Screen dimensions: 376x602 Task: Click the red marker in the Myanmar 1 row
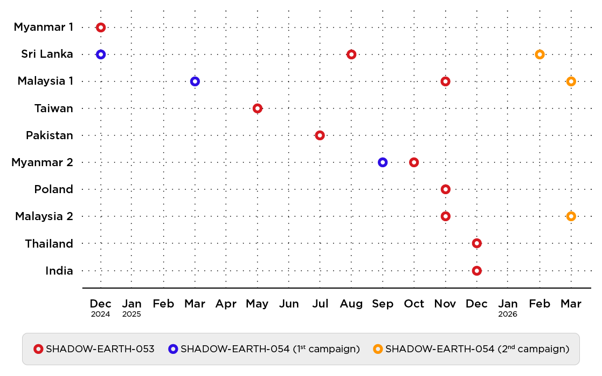tap(100, 27)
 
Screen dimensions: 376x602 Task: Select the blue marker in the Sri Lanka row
tap(100, 54)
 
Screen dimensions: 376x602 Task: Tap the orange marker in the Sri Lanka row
tap(539, 54)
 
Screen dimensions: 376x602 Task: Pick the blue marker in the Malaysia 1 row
tap(195, 81)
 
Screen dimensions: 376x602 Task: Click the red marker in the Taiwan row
tap(257, 108)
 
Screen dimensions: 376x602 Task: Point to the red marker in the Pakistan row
tap(320, 135)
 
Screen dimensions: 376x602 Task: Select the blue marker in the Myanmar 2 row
tap(383, 162)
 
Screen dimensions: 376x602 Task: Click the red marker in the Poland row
tap(445, 189)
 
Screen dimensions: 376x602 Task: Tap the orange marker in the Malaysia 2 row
tap(571, 216)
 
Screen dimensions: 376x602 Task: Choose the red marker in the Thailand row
tap(476, 243)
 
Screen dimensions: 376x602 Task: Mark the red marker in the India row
tap(476, 270)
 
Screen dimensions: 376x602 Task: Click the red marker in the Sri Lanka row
tap(351, 54)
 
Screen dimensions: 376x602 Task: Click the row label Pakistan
tap(50, 135)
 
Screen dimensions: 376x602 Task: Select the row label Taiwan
tap(53, 108)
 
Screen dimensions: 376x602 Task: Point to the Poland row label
tap(53, 189)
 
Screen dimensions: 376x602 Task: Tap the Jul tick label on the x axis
tap(320, 304)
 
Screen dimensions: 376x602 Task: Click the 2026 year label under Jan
tap(508, 314)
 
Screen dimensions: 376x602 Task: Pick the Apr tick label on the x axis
tap(226, 304)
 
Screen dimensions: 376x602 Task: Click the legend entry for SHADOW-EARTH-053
tap(94, 349)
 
